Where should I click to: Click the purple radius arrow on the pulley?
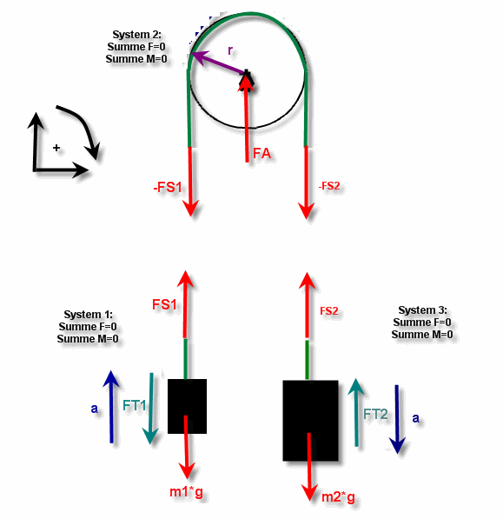217,63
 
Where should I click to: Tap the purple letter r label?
230,50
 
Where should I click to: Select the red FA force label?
261,154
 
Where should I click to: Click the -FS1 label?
168,187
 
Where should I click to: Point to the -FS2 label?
329,186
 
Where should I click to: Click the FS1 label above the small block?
164,304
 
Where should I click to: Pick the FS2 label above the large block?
329,311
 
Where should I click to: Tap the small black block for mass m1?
187,406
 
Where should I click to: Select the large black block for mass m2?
310,421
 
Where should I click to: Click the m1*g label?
186,492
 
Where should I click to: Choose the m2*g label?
338,497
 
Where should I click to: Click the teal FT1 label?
135,405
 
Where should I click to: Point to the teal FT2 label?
375,414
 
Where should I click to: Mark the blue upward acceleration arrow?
111,407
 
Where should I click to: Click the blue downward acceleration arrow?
397,419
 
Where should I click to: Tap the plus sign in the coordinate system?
56,148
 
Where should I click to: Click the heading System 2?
137,35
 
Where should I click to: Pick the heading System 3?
422,310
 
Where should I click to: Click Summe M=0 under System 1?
88,339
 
